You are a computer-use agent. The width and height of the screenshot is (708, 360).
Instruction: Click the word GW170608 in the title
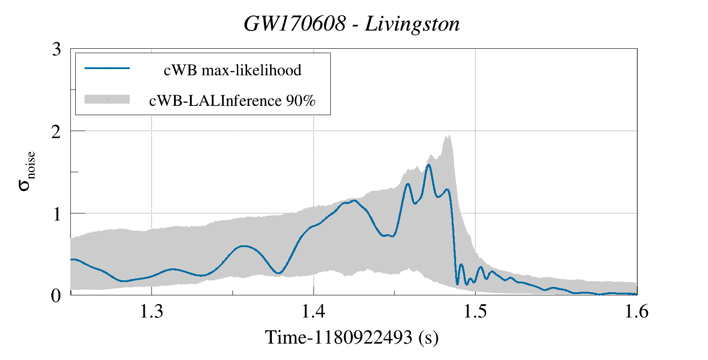pos(294,24)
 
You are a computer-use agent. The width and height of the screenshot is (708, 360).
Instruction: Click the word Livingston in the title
pos(412,24)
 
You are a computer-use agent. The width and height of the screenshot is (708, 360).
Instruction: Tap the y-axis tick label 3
pos(56,49)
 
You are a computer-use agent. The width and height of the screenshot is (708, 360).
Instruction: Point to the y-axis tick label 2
pos(56,132)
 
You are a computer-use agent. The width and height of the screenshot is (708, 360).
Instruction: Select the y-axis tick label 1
pos(56,214)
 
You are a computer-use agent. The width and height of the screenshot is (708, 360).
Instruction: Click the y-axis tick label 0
pos(56,295)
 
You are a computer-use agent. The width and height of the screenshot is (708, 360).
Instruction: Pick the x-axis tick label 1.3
pos(151,312)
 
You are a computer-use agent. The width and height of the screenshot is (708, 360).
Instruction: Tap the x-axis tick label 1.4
pos(313,312)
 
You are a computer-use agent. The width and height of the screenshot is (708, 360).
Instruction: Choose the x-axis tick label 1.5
pos(475,312)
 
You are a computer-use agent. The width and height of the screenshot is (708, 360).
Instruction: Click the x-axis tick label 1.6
pos(636,312)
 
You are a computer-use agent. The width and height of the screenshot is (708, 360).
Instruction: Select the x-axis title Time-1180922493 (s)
pos(352,337)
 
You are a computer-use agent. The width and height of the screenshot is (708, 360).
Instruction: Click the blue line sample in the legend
pos(107,68)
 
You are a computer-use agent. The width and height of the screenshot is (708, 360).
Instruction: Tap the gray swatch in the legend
pos(107,99)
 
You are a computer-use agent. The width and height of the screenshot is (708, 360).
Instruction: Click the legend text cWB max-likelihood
pos(232,70)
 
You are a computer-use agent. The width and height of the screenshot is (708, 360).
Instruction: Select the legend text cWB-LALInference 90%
pos(232,101)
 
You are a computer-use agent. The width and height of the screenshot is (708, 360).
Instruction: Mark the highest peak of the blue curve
pos(429,165)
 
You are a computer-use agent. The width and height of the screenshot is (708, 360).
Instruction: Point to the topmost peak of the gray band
pos(449,135)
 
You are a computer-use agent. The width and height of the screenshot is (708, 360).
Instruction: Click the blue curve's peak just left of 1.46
pos(408,184)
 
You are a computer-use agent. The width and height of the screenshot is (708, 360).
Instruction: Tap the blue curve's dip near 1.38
pos(278,273)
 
